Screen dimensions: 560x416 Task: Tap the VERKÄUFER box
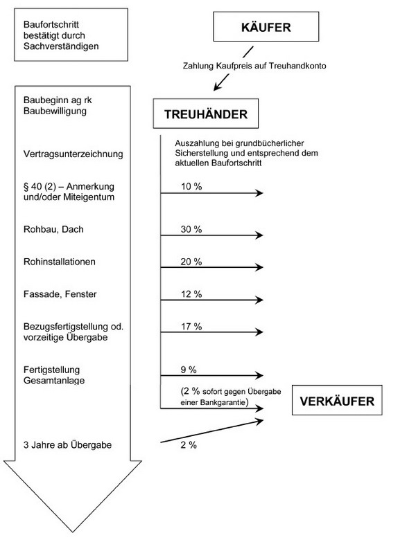click(x=337, y=400)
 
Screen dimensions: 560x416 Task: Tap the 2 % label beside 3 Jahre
click(x=188, y=446)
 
